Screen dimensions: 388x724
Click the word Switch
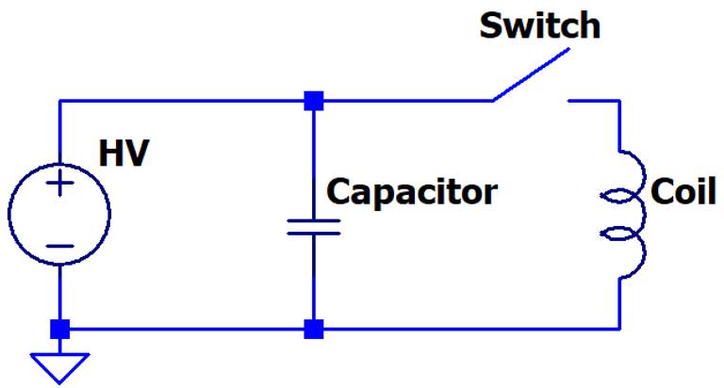tap(539, 25)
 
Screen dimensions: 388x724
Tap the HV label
tap(125, 154)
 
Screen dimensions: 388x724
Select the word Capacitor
tap(412, 192)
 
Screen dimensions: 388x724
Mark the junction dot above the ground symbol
tap(59, 329)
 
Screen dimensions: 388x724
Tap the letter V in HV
tap(138, 154)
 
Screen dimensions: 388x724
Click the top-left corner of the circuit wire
tap(59, 99)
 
